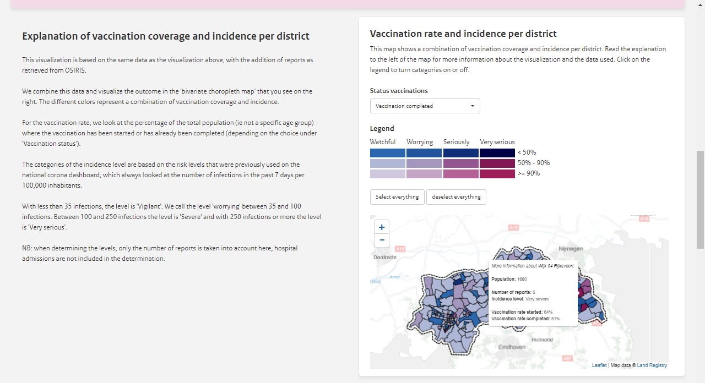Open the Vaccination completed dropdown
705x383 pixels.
coord(425,106)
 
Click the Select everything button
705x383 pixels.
coord(397,197)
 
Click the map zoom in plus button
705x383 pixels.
coord(382,227)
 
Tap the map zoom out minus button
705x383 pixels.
coord(382,240)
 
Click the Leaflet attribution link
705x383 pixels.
coord(599,365)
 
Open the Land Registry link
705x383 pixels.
coord(652,365)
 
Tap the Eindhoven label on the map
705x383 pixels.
coord(512,347)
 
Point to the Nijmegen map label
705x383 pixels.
coord(570,249)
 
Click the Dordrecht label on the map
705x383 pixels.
coord(385,257)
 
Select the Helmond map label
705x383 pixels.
coord(542,340)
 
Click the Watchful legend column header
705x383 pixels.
coord(383,142)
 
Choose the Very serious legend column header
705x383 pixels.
coord(497,142)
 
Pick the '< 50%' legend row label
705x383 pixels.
coord(527,152)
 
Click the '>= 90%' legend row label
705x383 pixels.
coord(529,173)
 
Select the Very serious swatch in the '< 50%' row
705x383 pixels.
coord(497,152)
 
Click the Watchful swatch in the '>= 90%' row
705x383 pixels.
coord(388,173)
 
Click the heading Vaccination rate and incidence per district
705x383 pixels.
coord(463,34)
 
